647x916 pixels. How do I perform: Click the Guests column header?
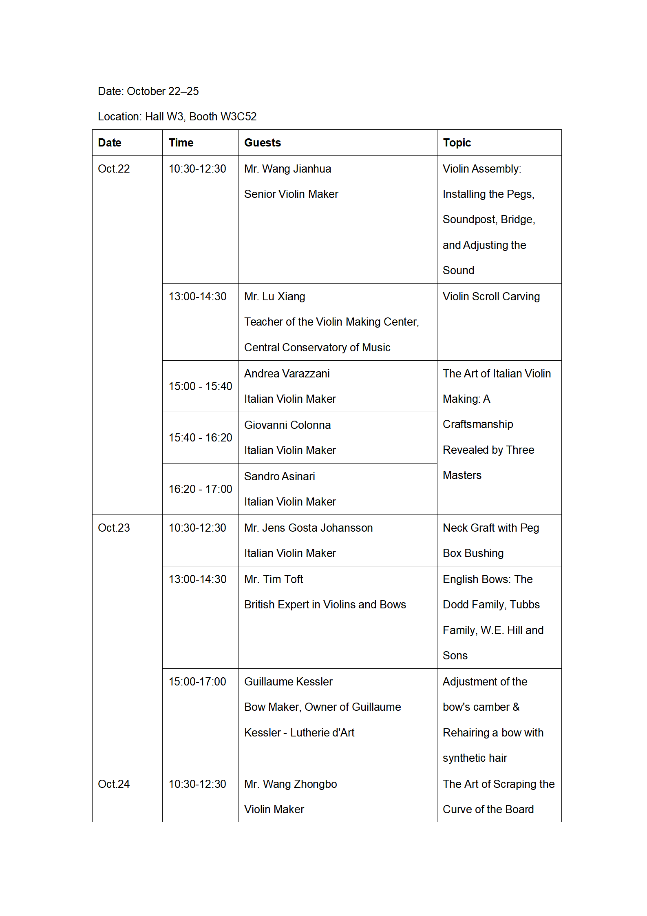tap(263, 143)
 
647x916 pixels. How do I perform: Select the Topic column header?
tap(457, 143)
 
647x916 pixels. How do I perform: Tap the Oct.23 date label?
tap(114, 528)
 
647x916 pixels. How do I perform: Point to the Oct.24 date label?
tap(114, 784)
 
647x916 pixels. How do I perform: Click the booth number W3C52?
tap(238, 117)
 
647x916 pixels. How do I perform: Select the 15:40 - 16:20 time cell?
tap(200, 438)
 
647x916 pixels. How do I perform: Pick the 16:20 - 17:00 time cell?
tap(200, 489)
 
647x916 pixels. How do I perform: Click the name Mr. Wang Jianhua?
tap(287, 169)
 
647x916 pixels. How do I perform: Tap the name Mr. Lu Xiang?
tap(274, 297)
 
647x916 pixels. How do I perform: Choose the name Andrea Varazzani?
tap(287, 374)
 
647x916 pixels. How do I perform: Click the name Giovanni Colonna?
tap(287, 425)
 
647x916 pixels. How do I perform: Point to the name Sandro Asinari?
tap(279, 477)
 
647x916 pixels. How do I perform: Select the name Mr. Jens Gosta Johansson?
tap(308, 528)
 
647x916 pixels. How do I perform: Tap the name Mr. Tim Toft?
tap(274, 579)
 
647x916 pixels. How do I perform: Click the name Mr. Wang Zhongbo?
tap(290, 784)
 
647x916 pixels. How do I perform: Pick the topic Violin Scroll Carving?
tap(491, 297)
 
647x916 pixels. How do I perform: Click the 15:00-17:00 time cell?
tap(197, 682)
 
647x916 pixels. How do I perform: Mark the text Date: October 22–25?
tap(148, 91)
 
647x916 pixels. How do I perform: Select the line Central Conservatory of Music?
tap(317, 348)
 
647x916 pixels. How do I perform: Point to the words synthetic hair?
tap(475, 758)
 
